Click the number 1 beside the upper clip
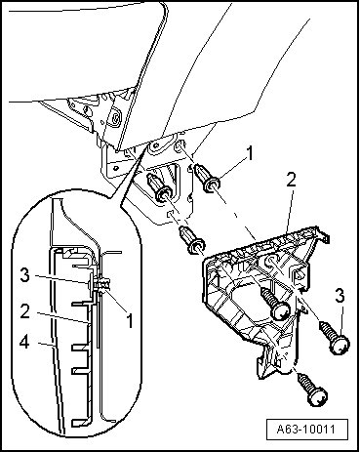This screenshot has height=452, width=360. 250,153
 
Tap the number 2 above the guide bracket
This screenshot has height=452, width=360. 291,180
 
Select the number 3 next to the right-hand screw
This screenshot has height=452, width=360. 340,296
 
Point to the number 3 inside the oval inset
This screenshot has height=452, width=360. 24,275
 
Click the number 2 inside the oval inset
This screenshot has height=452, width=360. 24,311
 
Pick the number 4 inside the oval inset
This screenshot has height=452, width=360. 24,343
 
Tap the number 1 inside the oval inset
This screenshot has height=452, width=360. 129,321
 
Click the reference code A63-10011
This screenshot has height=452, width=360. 305,430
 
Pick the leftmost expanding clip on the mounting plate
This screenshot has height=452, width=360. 159,188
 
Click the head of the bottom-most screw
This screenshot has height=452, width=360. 318,396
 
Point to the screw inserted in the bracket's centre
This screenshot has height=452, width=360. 276,302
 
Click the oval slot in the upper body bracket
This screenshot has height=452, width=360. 115,119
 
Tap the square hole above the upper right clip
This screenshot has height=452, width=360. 179,147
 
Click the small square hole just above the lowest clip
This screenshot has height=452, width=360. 170,214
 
